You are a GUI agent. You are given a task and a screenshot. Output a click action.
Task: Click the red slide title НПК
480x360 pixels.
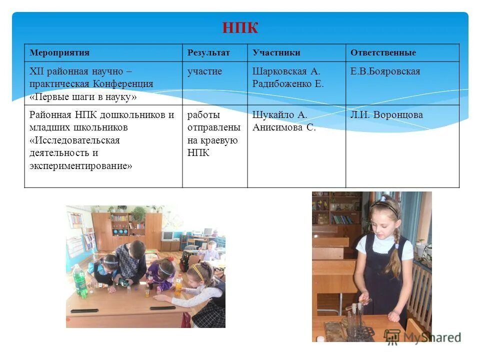240,28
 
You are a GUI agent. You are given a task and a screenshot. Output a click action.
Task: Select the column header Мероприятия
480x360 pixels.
59,52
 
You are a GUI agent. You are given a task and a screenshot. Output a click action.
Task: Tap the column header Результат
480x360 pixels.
208,52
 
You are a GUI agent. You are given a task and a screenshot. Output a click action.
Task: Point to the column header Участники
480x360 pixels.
276,52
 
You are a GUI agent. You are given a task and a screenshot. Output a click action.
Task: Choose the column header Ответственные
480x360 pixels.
383,52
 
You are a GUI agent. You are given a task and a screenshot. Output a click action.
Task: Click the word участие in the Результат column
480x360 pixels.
204,71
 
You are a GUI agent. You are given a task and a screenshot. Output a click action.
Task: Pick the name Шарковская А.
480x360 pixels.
286,71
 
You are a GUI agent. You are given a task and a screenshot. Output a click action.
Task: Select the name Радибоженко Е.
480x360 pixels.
288,84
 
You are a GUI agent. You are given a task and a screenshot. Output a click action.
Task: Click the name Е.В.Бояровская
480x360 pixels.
385,71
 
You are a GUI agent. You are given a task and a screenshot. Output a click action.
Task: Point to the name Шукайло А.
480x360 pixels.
279,115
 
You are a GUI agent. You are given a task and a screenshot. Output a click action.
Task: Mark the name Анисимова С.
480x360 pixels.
284,127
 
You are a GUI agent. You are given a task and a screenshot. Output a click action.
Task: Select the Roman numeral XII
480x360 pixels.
36,71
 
